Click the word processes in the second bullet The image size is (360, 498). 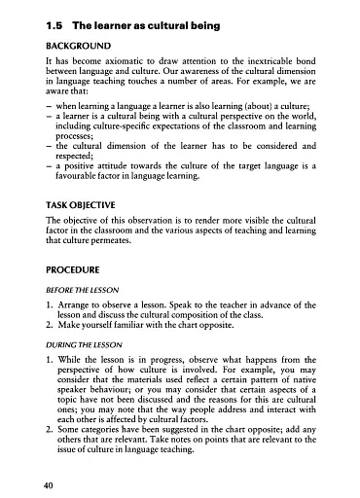click(80, 133)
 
